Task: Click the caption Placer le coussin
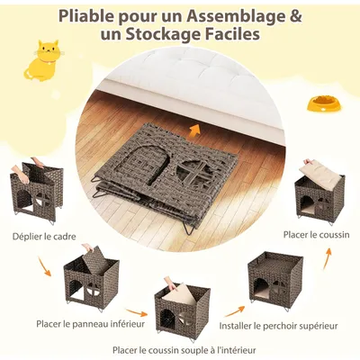click(x=316, y=237)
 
